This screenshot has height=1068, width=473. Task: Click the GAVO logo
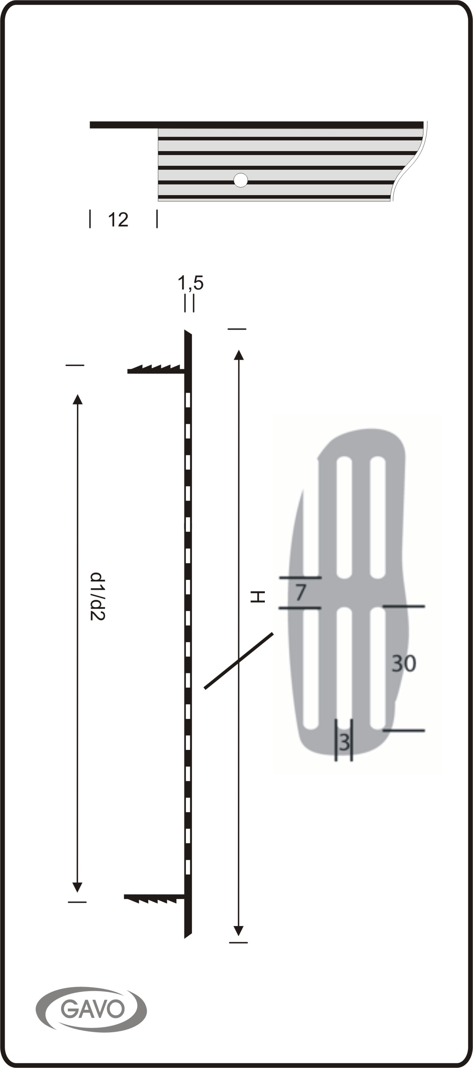point(91,1009)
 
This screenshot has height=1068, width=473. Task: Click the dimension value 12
point(118,220)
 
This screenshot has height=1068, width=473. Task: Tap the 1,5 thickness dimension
point(191,283)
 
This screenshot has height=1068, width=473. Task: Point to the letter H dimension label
point(257,597)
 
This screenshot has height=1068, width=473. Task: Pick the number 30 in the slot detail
point(404,663)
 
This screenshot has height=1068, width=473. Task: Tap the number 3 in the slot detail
point(344,742)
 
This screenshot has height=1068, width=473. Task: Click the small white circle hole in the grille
point(241,180)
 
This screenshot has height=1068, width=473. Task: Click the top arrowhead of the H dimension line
point(238,355)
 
